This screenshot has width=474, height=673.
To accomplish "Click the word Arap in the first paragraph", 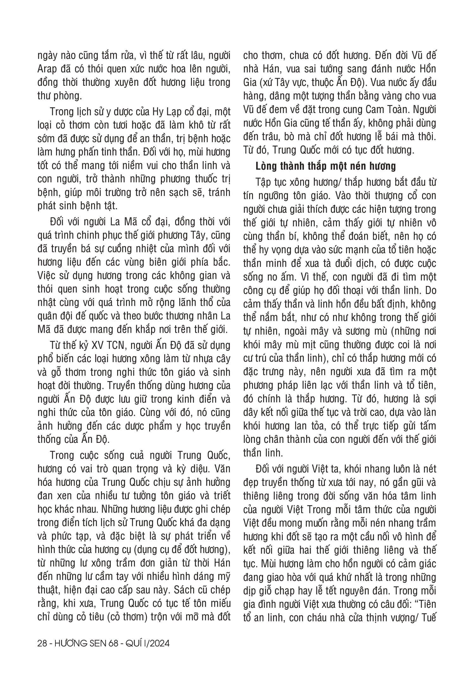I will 47,69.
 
